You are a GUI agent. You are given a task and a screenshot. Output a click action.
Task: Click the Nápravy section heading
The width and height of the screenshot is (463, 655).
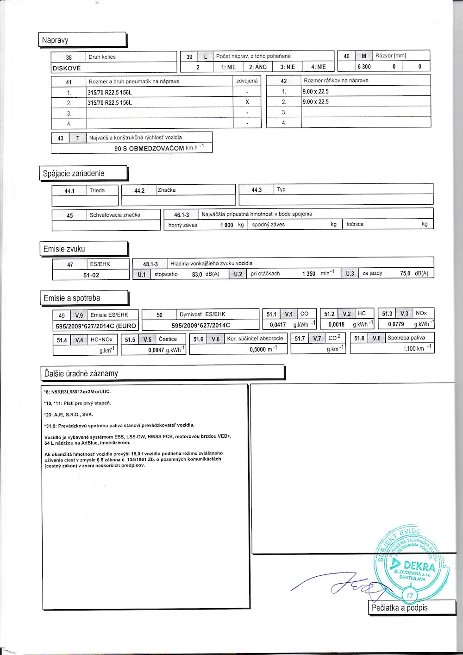55,40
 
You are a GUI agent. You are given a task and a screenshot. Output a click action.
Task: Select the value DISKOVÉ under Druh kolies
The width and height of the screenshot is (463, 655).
67,68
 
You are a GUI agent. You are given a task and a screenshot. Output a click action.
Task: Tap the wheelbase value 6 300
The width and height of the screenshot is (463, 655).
364,67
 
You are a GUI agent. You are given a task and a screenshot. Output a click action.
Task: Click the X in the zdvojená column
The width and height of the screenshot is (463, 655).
247,102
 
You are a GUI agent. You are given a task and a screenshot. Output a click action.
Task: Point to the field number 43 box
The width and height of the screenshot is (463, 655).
60,138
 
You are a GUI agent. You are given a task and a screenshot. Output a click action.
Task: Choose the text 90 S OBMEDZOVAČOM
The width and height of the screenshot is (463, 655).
149,149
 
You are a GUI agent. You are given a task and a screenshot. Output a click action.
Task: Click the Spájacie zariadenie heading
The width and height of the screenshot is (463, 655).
74,174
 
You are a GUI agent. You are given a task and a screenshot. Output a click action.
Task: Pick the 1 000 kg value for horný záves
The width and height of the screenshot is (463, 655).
227,225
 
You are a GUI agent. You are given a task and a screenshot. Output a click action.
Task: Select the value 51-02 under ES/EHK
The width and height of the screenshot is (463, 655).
91,275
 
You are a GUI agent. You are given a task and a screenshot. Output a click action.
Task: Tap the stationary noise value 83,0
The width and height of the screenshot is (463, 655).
197,274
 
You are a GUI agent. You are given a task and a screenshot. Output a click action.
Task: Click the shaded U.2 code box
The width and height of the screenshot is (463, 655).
238,274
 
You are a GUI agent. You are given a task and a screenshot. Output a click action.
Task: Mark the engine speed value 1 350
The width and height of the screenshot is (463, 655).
309,274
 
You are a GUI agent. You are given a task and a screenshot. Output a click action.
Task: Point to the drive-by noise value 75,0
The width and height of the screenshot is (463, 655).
406,273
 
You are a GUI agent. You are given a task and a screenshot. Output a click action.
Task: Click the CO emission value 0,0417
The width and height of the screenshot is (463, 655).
278,325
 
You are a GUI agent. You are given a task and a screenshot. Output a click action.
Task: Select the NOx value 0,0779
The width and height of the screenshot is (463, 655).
396,325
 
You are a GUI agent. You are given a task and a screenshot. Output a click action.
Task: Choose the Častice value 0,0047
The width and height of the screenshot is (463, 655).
156,351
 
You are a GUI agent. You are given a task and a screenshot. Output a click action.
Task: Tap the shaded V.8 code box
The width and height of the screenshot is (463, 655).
376,339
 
